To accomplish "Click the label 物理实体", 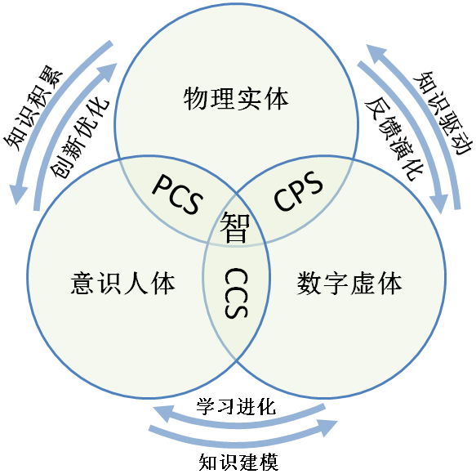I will click(236, 99).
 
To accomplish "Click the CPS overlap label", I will click(298, 191).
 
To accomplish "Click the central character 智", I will click(236, 226).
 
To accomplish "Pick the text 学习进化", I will click(237, 406).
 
